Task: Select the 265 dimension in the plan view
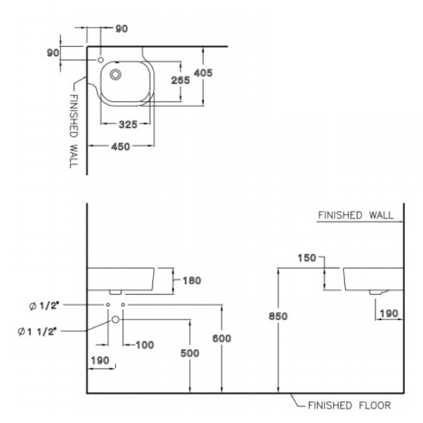180,80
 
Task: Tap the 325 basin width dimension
127,125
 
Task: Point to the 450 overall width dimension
121,147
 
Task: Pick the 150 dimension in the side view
307,258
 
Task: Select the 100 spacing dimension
144,345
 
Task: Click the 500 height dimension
190,353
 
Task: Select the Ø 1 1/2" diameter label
37,331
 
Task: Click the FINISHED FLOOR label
349,405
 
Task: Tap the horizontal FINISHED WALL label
356,215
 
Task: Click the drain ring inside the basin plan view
116,74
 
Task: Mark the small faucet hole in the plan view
101,60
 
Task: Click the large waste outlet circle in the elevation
116,320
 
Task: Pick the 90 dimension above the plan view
121,29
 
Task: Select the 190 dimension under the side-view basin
389,313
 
